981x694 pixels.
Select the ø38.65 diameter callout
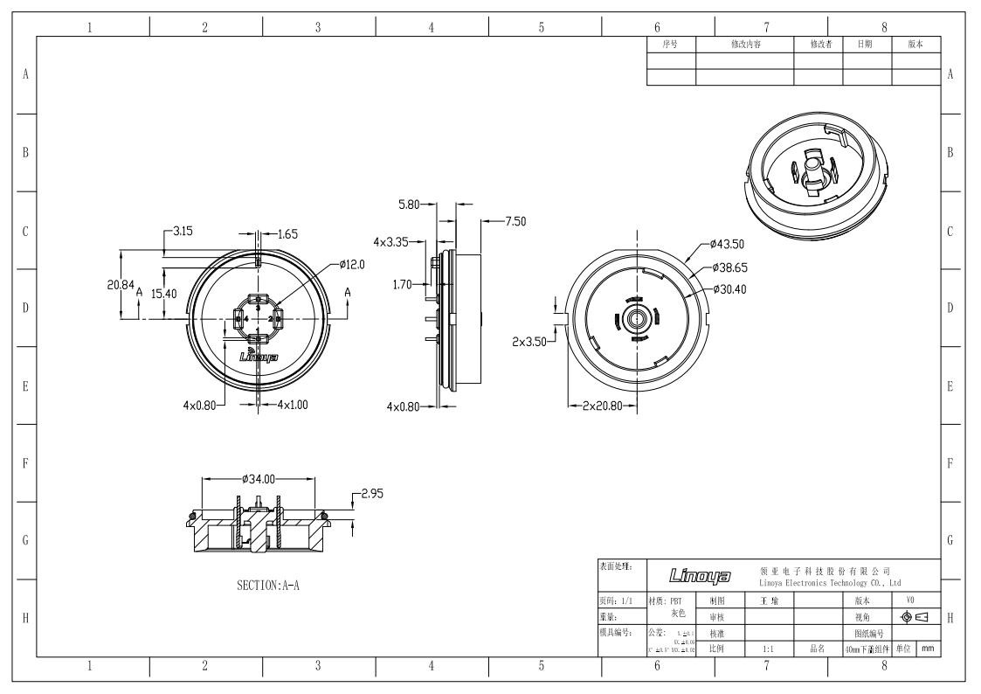click(729, 267)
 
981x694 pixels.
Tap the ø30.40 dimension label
click(729, 288)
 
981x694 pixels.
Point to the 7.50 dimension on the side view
click(515, 221)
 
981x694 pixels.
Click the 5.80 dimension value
click(409, 205)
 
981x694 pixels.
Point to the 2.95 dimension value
click(372, 494)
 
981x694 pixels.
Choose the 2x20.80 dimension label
click(601, 406)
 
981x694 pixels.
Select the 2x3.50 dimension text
click(530, 342)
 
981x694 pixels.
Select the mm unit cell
click(929, 649)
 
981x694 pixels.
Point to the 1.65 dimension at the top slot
click(287, 233)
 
